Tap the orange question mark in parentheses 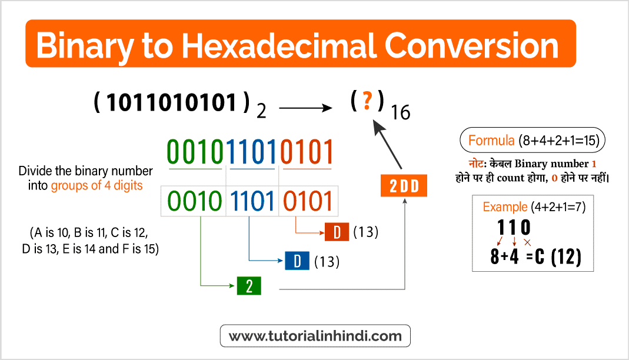pyautogui.click(x=367, y=102)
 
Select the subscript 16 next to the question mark pyautogui.click(x=401, y=112)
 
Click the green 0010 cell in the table pyautogui.click(x=194, y=202)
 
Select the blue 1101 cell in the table pyautogui.click(x=252, y=202)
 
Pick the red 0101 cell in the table pyautogui.click(x=307, y=202)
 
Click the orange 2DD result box pyautogui.click(x=404, y=186)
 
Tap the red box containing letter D pyautogui.click(x=337, y=232)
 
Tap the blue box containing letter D pyautogui.click(x=297, y=261)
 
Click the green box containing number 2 pyautogui.click(x=249, y=286)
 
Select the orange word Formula pyautogui.click(x=492, y=141)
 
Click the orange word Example pyautogui.click(x=505, y=207)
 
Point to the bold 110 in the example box pyautogui.click(x=514, y=227)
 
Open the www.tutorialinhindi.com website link pyautogui.click(x=315, y=336)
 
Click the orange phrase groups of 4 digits pyautogui.click(x=96, y=185)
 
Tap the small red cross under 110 pyautogui.click(x=527, y=242)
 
